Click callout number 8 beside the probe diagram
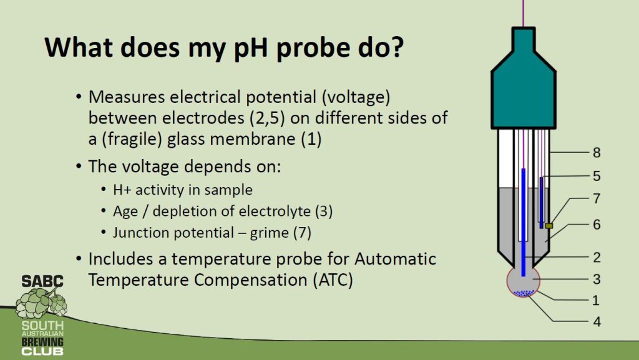597,153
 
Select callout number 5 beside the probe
597,176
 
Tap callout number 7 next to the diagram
597,198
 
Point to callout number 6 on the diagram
597,225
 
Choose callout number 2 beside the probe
597,258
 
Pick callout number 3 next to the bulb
597,280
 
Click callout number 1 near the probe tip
596,301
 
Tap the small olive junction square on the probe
549,226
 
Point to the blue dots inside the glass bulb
524,293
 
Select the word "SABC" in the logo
42,281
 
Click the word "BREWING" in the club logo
42,341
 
